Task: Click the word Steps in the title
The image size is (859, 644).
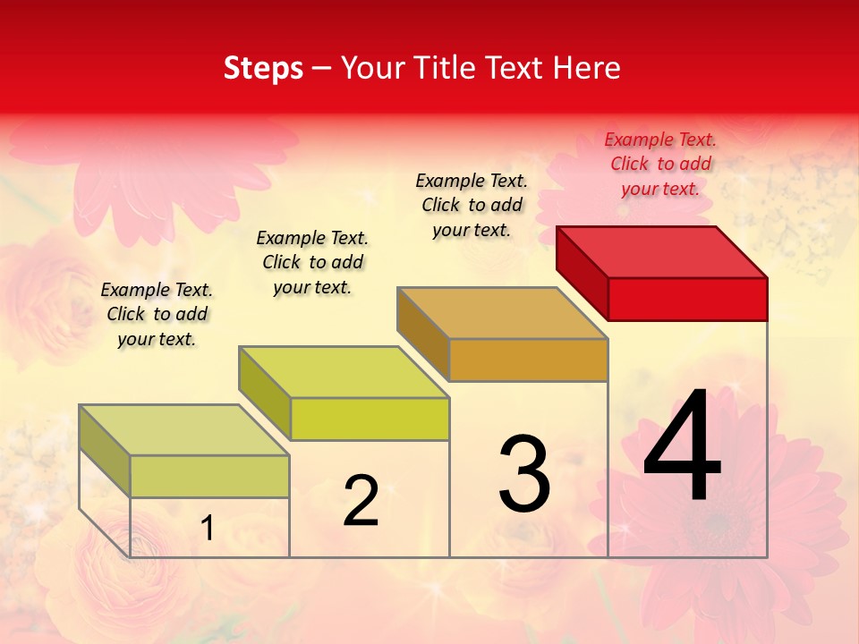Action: point(263,68)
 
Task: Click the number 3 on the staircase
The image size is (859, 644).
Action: point(524,474)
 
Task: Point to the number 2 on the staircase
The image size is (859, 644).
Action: point(361,501)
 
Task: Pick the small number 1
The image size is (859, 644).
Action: point(208,529)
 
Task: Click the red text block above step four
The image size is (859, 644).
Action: point(660,164)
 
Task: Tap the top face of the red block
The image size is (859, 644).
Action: point(662,251)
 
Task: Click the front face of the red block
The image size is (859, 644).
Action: point(687,299)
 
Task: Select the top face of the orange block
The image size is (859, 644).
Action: point(503,313)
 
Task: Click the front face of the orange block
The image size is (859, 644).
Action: point(528,360)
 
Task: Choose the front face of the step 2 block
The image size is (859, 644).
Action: point(370,419)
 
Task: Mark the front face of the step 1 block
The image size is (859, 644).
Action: point(209,476)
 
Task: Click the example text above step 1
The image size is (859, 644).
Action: point(157,314)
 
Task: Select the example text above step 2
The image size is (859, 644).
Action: point(312,262)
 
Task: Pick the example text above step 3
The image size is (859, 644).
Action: point(472,205)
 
